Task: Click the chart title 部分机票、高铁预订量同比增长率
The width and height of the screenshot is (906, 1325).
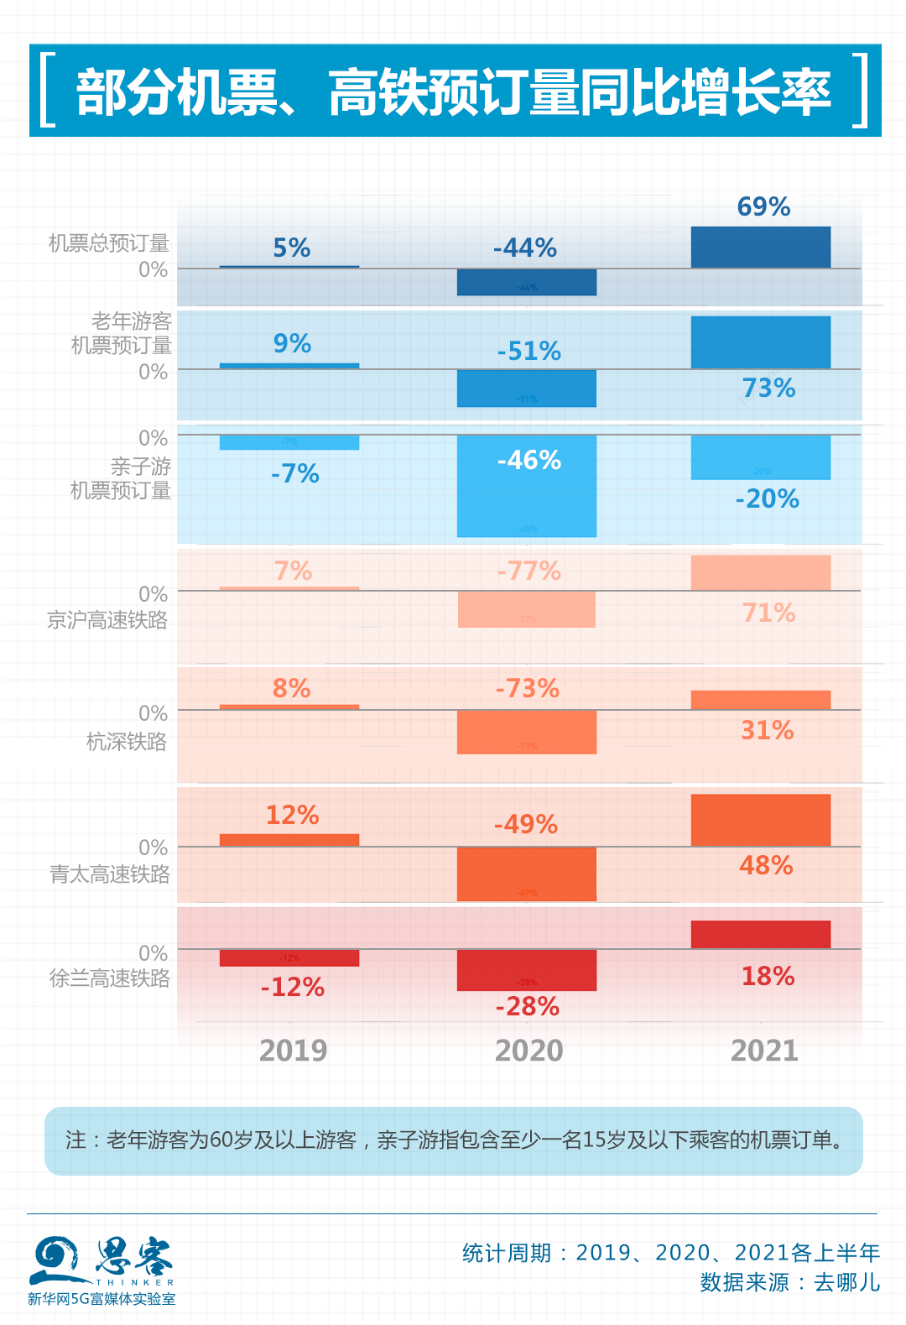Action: click(x=453, y=91)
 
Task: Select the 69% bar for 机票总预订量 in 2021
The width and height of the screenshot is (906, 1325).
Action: click(x=760, y=248)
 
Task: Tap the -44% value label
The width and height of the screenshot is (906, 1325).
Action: click(x=525, y=248)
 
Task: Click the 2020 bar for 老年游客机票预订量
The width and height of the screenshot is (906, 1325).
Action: click(x=526, y=389)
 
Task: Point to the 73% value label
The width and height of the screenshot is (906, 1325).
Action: click(x=768, y=389)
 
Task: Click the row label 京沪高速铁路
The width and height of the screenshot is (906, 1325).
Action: click(x=107, y=620)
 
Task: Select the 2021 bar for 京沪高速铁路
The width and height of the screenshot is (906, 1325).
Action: click(x=760, y=573)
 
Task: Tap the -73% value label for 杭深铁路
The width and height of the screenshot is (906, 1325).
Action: click(x=527, y=689)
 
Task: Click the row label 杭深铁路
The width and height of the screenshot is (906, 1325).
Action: click(x=127, y=742)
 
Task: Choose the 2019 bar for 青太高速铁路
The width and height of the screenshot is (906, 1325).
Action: click(x=289, y=840)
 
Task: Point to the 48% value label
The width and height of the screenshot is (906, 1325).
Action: click(x=766, y=866)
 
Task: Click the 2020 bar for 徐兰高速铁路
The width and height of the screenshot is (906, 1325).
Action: click(x=526, y=970)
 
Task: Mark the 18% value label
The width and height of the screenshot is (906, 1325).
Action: click(x=768, y=977)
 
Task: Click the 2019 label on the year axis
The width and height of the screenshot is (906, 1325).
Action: click(x=293, y=1051)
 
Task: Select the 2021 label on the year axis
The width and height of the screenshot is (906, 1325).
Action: click(x=764, y=1051)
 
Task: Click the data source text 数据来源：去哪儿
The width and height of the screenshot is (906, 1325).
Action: click(x=789, y=1283)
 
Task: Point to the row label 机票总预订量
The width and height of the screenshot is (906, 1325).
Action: click(x=109, y=243)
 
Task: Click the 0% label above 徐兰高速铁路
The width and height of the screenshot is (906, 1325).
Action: click(x=154, y=953)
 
